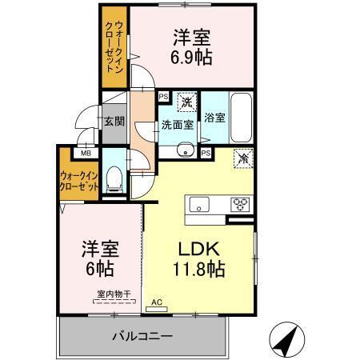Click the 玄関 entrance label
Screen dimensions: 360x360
coord(112,122)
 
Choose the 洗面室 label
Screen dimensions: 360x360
coord(177,124)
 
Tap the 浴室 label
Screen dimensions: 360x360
coord(214,117)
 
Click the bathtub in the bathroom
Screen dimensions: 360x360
coord(242,118)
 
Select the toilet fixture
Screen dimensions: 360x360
coord(113,179)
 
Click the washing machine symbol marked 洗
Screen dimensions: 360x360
coord(186,102)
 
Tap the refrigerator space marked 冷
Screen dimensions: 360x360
coord(242,158)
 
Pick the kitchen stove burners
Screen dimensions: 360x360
coord(240,203)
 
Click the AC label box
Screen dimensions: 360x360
coord(155,302)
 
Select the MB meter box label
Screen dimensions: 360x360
coord(84,152)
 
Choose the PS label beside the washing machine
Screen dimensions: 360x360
coord(163,98)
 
